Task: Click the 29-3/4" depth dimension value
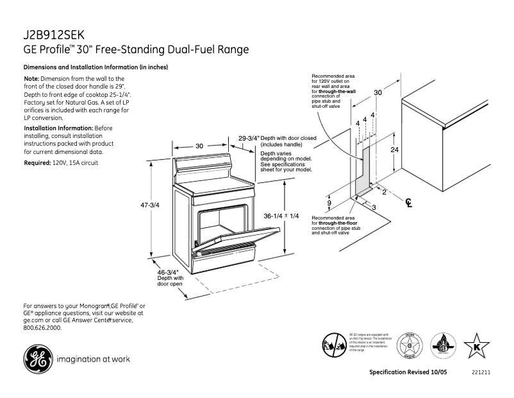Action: click(x=248, y=138)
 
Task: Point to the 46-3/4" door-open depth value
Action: click(x=168, y=272)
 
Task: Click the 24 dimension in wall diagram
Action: click(x=395, y=149)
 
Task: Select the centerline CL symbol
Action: click(x=408, y=203)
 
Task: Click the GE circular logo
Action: click(x=39, y=358)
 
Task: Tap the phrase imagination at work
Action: click(x=93, y=359)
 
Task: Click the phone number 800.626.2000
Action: click(x=42, y=327)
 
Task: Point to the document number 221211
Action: click(x=481, y=373)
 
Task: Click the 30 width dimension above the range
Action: click(x=199, y=146)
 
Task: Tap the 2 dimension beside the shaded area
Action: click(x=384, y=191)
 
